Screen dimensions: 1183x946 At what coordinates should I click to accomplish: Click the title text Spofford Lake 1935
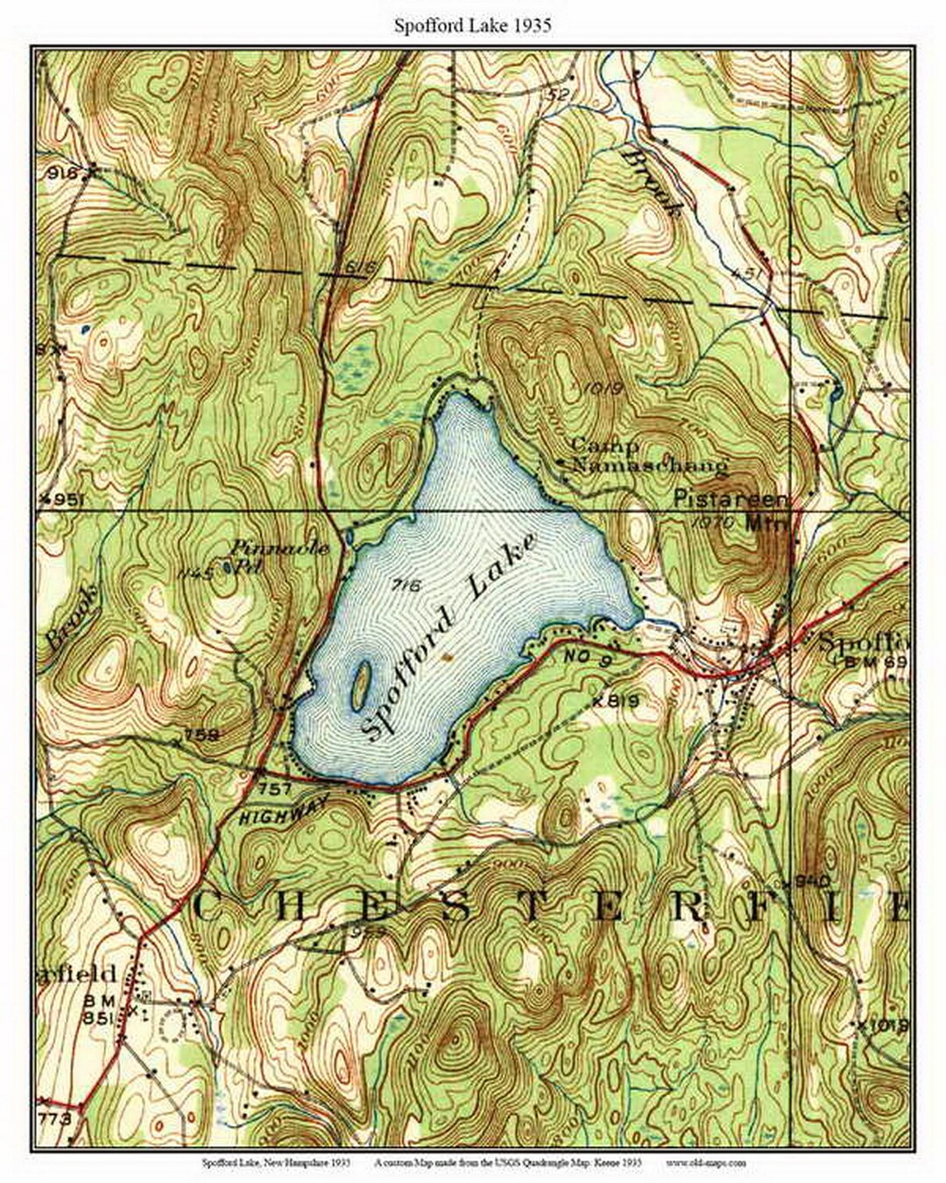point(472,25)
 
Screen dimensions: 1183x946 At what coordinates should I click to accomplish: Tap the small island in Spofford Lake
point(359,685)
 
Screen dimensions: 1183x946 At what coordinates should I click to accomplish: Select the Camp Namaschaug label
point(648,456)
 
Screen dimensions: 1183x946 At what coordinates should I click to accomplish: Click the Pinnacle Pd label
point(280,556)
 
